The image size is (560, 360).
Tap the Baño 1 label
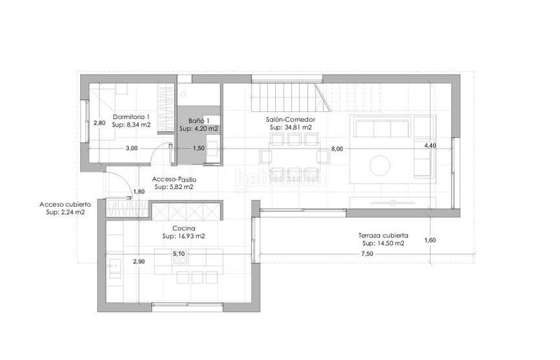click(x=199, y=120)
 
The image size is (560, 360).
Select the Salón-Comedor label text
click(x=290, y=120)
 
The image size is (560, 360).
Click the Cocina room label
click(x=183, y=228)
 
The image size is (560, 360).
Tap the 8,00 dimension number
click(x=337, y=148)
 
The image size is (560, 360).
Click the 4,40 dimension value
click(x=430, y=146)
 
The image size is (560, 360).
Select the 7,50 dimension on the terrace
click(x=367, y=253)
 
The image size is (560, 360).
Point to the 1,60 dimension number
click(x=430, y=240)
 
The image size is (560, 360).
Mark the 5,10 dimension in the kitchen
click(x=178, y=254)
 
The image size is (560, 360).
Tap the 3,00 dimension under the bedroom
click(x=132, y=148)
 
